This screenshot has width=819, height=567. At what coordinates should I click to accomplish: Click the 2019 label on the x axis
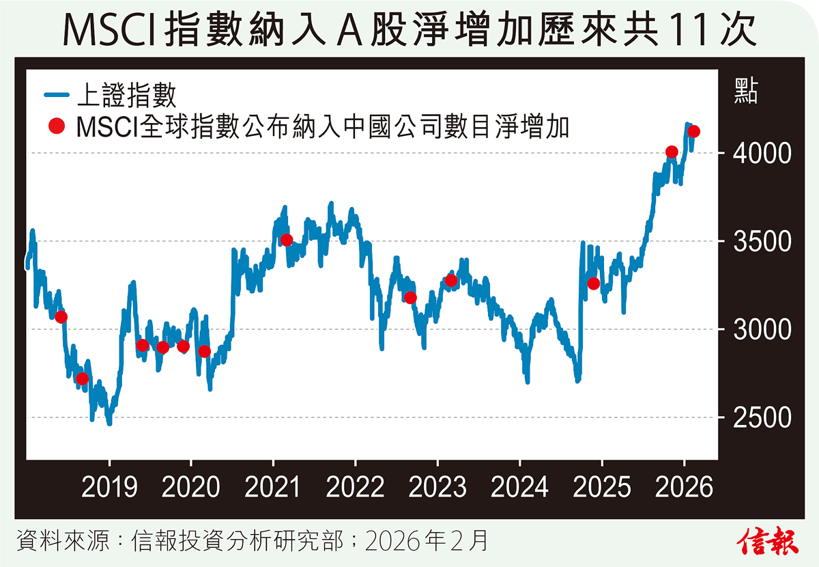click(109, 488)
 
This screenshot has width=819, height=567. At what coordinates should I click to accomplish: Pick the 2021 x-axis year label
click(272, 488)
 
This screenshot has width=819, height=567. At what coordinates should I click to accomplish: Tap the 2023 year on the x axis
click(437, 488)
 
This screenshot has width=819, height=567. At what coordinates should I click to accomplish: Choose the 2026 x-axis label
click(685, 488)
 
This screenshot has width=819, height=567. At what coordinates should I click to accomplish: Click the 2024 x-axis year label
click(520, 488)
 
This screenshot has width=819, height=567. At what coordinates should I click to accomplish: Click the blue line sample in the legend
click(57, 95)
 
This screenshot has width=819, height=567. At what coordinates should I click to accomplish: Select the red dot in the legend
click(57, 126)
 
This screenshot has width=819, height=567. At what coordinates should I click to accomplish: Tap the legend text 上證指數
click(126, 95)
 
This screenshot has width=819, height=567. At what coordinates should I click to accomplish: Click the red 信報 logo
click(767, 540)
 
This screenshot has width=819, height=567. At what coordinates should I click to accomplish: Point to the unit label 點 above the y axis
click(746, 91)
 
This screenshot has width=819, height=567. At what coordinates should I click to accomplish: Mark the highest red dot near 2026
click(694, 132)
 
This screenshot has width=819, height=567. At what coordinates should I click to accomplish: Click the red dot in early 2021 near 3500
click(287, 240)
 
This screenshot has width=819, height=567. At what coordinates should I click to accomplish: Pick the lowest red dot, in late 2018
click(83, 378)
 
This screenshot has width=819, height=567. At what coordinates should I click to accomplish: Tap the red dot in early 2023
click(450, 280)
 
